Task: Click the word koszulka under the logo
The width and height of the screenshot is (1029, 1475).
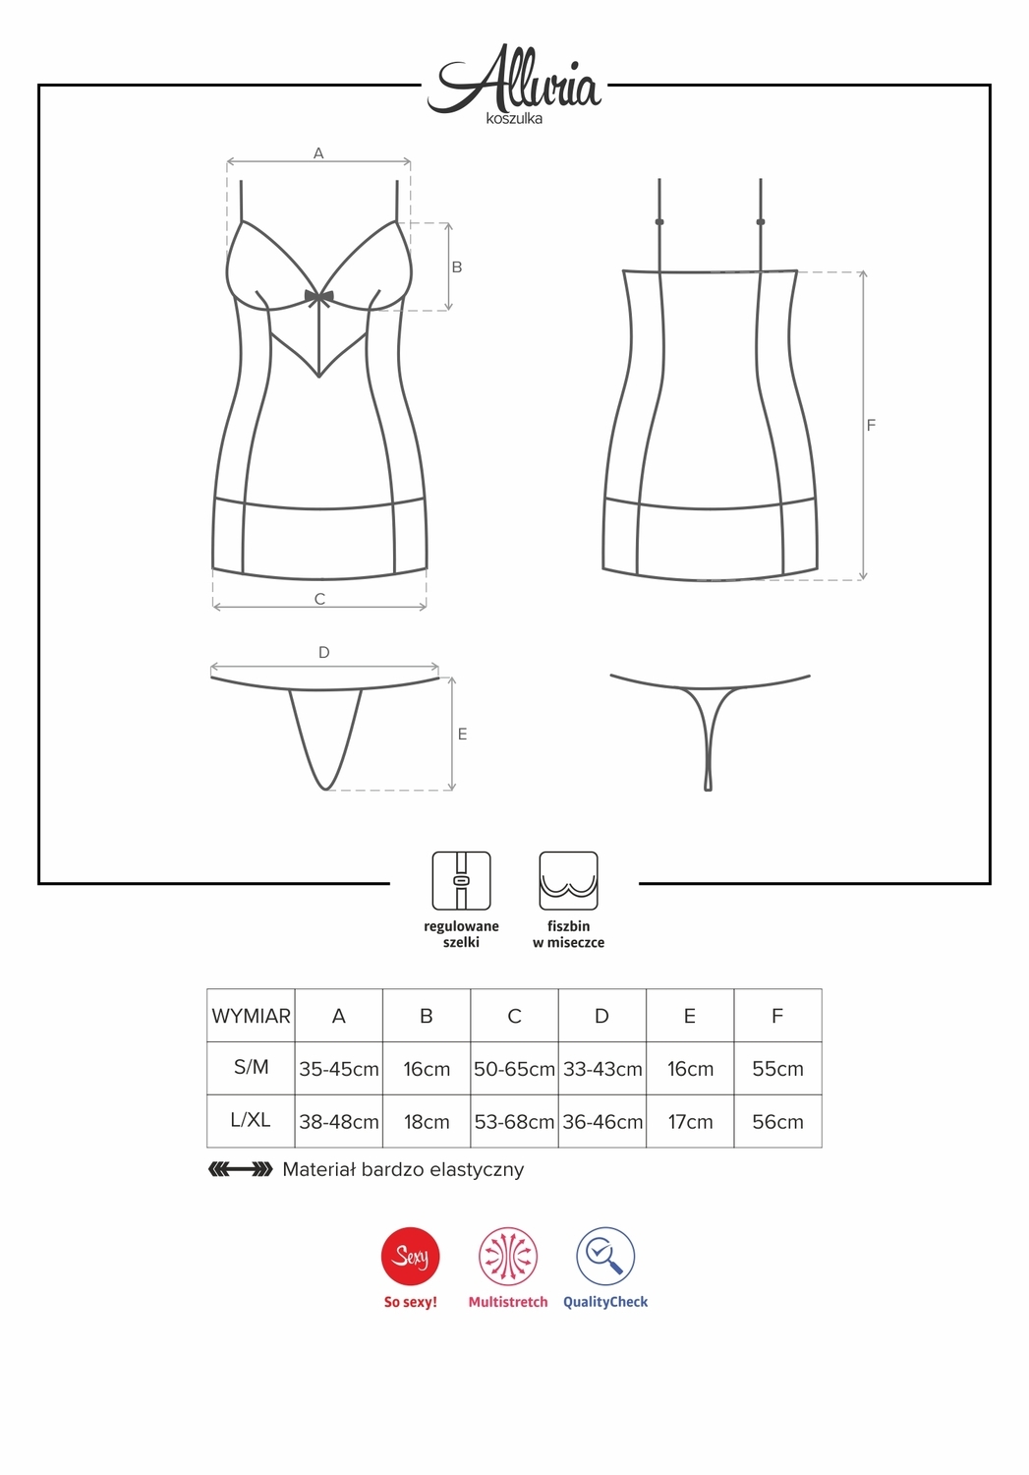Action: tap(514, 119)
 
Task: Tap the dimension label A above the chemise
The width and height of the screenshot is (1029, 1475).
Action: tap(318, 153)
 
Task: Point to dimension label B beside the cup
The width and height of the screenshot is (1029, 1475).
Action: tap(457, 267)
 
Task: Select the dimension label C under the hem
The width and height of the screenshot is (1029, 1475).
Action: tap(319, 599)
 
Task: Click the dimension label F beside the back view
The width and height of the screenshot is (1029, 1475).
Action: tap(871, 426)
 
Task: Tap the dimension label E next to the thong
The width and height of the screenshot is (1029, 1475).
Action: tap(463, 735)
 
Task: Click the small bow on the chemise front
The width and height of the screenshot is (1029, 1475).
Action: tap(319, 298)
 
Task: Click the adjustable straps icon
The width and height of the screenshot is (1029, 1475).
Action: tap(461, 880)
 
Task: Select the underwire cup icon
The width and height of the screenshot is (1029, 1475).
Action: tap(568, 880)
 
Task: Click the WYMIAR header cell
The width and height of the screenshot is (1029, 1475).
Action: tap(251, 1016)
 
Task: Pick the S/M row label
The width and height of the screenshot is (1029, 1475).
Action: tap(251, 1067)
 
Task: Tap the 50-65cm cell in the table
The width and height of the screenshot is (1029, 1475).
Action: tap(515, 1069)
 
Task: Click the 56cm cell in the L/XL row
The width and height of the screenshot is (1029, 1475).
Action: tap(777, 1121)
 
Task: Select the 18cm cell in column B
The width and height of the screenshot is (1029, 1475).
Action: tap(427, 1121)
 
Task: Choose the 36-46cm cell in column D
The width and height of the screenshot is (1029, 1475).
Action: tap(602, 1121)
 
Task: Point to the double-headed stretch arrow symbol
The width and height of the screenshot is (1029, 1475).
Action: tap(240, 1169)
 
